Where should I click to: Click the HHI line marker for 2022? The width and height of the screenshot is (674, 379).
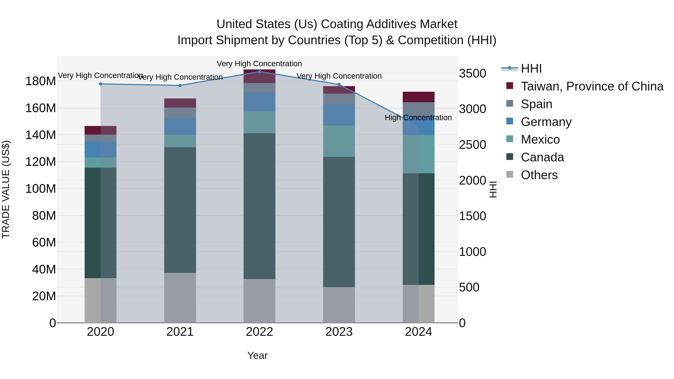coord(259,71)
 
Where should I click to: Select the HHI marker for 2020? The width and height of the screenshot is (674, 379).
coord(101,84)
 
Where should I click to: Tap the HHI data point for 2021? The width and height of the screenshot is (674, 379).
coord(180,86)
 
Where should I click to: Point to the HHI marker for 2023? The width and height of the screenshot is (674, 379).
coord(339,84)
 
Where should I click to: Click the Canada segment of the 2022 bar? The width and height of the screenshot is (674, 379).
coord(259,206)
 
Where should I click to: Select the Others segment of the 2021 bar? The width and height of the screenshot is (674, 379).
coord(180,298)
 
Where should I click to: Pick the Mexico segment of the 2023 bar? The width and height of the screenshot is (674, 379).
coord(339,141)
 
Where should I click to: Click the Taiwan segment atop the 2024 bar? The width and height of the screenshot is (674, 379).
coord(418,97)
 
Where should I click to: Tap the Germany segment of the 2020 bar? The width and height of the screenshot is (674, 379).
coord(101,150)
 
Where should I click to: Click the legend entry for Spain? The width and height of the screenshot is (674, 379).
coord(536,104)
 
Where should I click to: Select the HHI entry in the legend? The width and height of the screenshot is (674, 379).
coord(531,69)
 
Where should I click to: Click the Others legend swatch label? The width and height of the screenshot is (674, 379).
coord(539,175)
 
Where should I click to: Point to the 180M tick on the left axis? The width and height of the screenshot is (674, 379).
coord(41,81)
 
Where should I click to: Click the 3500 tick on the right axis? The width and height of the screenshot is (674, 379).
coord(473,74)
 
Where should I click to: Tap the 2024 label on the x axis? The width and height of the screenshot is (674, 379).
coord(418,332)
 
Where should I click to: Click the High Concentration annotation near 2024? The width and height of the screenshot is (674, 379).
coord(418,118)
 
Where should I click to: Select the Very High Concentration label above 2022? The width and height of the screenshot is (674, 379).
coord(259,64)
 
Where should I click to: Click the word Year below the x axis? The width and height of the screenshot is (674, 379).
coord(257,355)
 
